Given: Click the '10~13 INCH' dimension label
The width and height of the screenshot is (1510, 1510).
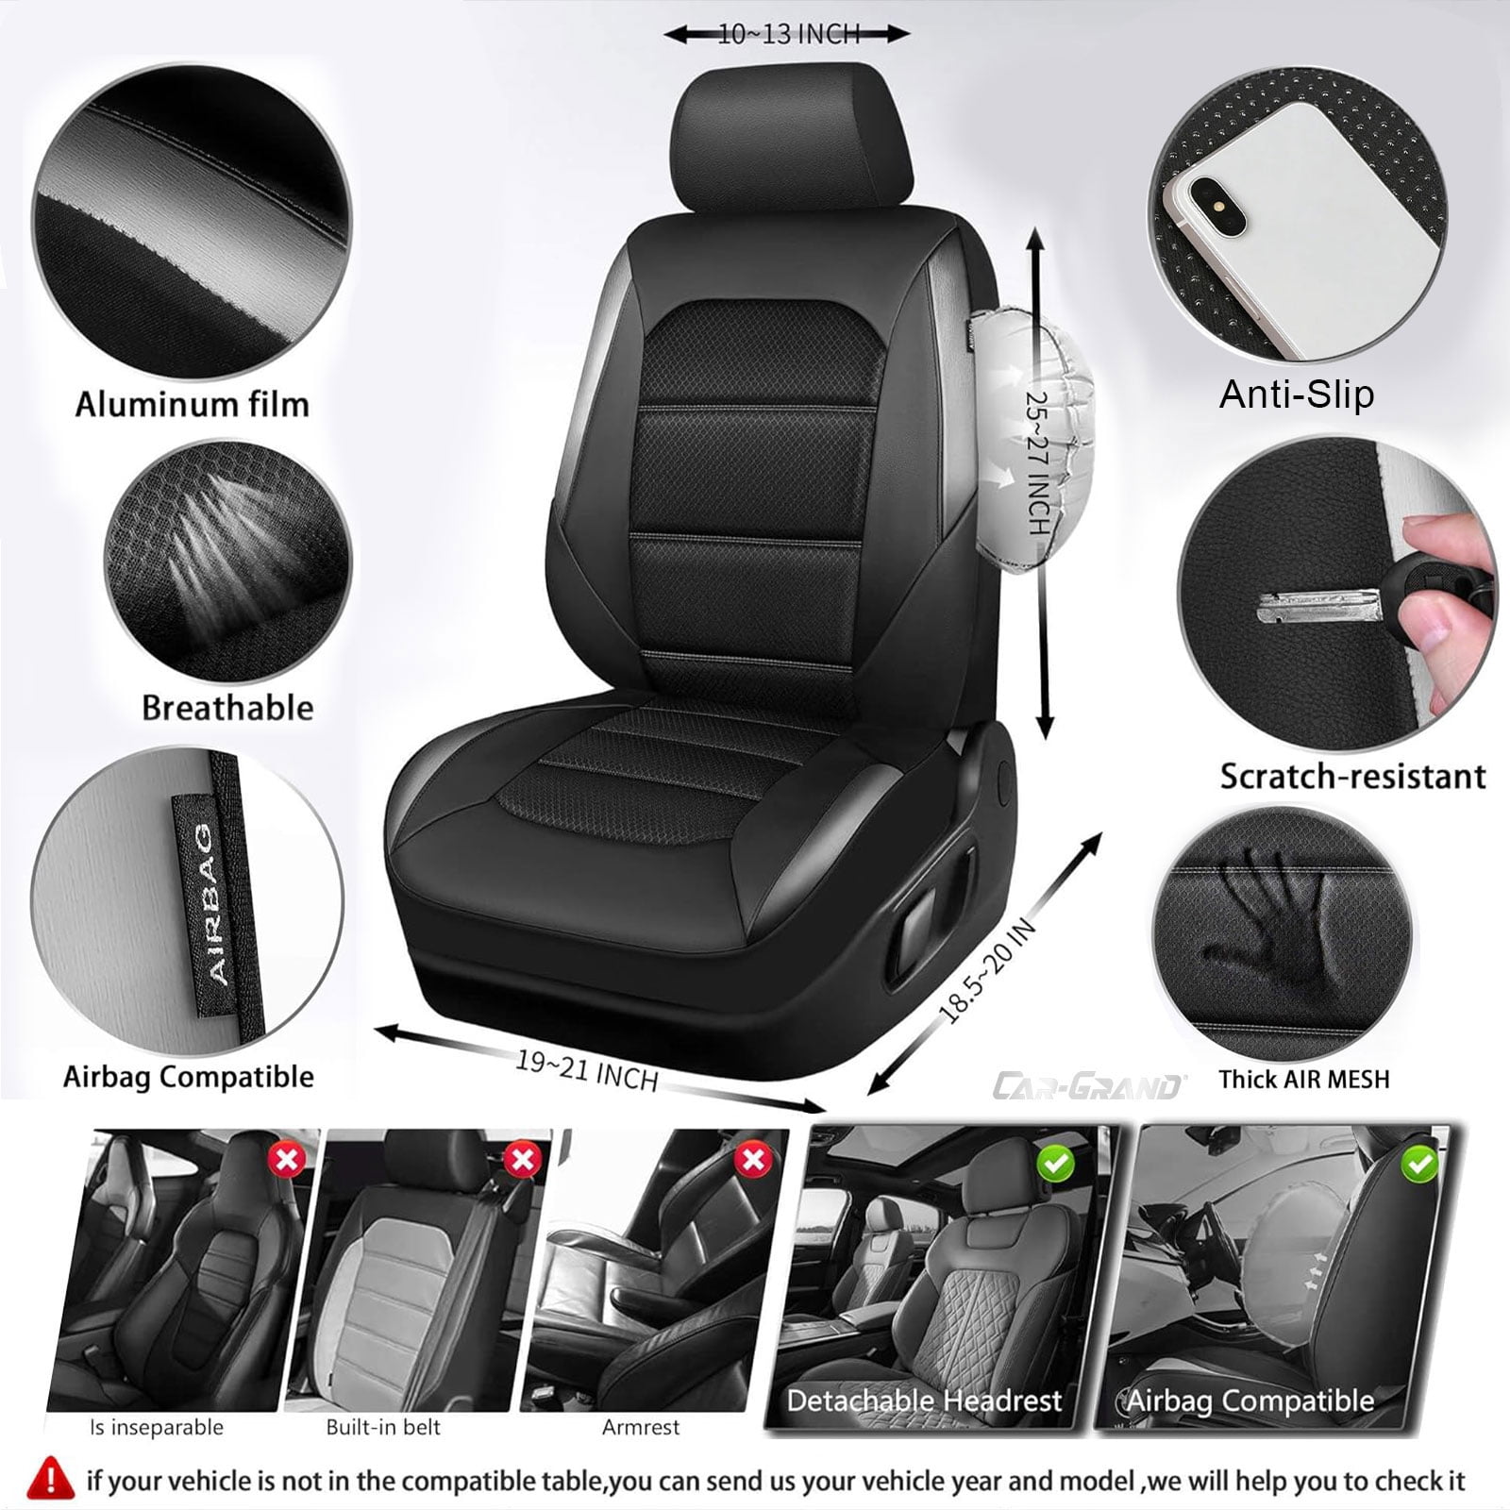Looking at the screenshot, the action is tap(789, 35).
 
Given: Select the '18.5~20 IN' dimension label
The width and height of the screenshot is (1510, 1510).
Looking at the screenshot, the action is tap(987, 971).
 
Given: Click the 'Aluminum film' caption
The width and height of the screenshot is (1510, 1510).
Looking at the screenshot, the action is tap(193, 405).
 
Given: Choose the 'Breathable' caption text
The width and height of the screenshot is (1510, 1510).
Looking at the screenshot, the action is tap(227, 708).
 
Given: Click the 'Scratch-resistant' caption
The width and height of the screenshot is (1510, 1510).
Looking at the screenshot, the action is tap(1352, 776).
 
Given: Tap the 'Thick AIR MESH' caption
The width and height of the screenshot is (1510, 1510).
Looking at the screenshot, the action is tap(1303, 1079).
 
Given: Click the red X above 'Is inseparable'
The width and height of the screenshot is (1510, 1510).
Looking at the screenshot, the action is tap(287, 1158).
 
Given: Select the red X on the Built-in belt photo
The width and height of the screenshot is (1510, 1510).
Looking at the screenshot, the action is tap(522, 1159).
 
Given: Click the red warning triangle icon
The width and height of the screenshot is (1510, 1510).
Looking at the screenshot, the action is tap(51, 1479).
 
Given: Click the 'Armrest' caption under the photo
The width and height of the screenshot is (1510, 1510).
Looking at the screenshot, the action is tap(641, 1427).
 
